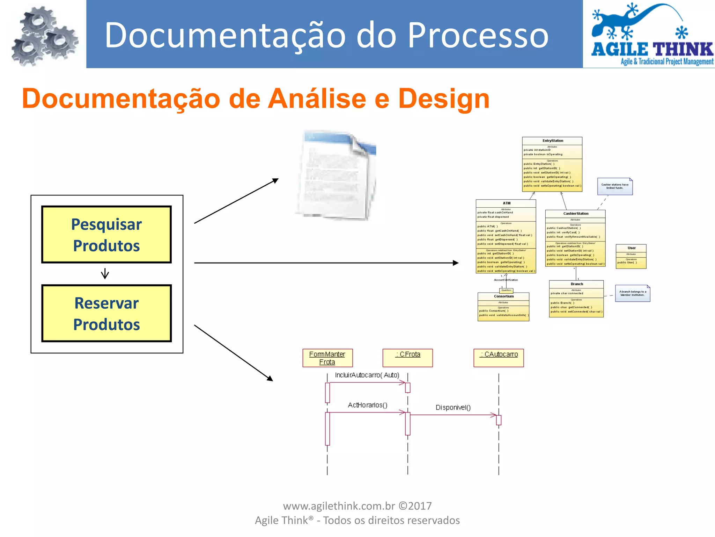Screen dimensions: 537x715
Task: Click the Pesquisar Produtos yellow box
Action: tap(106, 235)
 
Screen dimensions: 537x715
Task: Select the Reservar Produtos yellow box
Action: tap(106, 313)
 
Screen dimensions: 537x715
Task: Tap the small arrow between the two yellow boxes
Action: tap(105, 273)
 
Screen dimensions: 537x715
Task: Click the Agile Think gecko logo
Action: tap(650, 34)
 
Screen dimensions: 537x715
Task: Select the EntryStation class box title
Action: tap(552, 141)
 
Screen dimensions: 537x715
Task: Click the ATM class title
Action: tap(507, 203)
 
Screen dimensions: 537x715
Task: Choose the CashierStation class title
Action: tap(576, 214)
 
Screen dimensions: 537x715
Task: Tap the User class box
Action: tap(631, 256)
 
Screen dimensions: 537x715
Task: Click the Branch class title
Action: tap(577, 284)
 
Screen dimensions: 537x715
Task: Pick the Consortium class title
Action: tap(503, 296)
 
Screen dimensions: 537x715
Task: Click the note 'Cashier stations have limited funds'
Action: tap(615, 186)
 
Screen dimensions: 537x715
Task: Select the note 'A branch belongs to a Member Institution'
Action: tap(632, 293)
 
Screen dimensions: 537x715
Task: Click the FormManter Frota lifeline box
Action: tap(327, 358)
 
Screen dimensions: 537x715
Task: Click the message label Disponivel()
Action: tap(453, 407)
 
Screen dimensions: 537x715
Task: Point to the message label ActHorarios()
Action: tap(367, 405)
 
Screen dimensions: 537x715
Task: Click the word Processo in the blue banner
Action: tap(478, 35)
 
